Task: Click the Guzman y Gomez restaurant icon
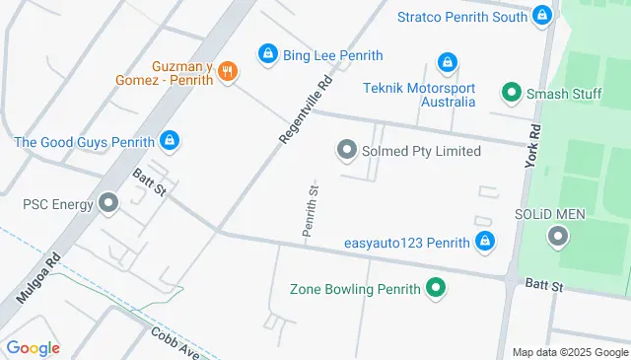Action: click(x=228, y=70)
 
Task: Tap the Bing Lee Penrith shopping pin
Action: click(x=266, y=55)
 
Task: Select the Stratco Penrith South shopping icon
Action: click(x=541, y=16)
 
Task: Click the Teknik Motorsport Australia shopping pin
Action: click(x=448, y=62)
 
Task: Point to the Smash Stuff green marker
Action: click(x=511, y=95)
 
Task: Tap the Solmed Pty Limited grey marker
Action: click(x=346, y=151)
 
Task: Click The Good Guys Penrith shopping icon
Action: click(x=170, y=141)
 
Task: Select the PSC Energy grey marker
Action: click(x=108, y=204)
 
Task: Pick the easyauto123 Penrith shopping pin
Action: click(x=484, y=242)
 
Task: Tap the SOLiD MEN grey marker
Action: click(x=558, y=236)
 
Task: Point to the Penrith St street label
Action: click(x=310, y=210)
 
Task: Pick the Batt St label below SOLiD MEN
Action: click(x=543, y=286)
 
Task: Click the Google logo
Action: click(x=33, y=348)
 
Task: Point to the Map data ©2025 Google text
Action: click(x=569, y=352)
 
